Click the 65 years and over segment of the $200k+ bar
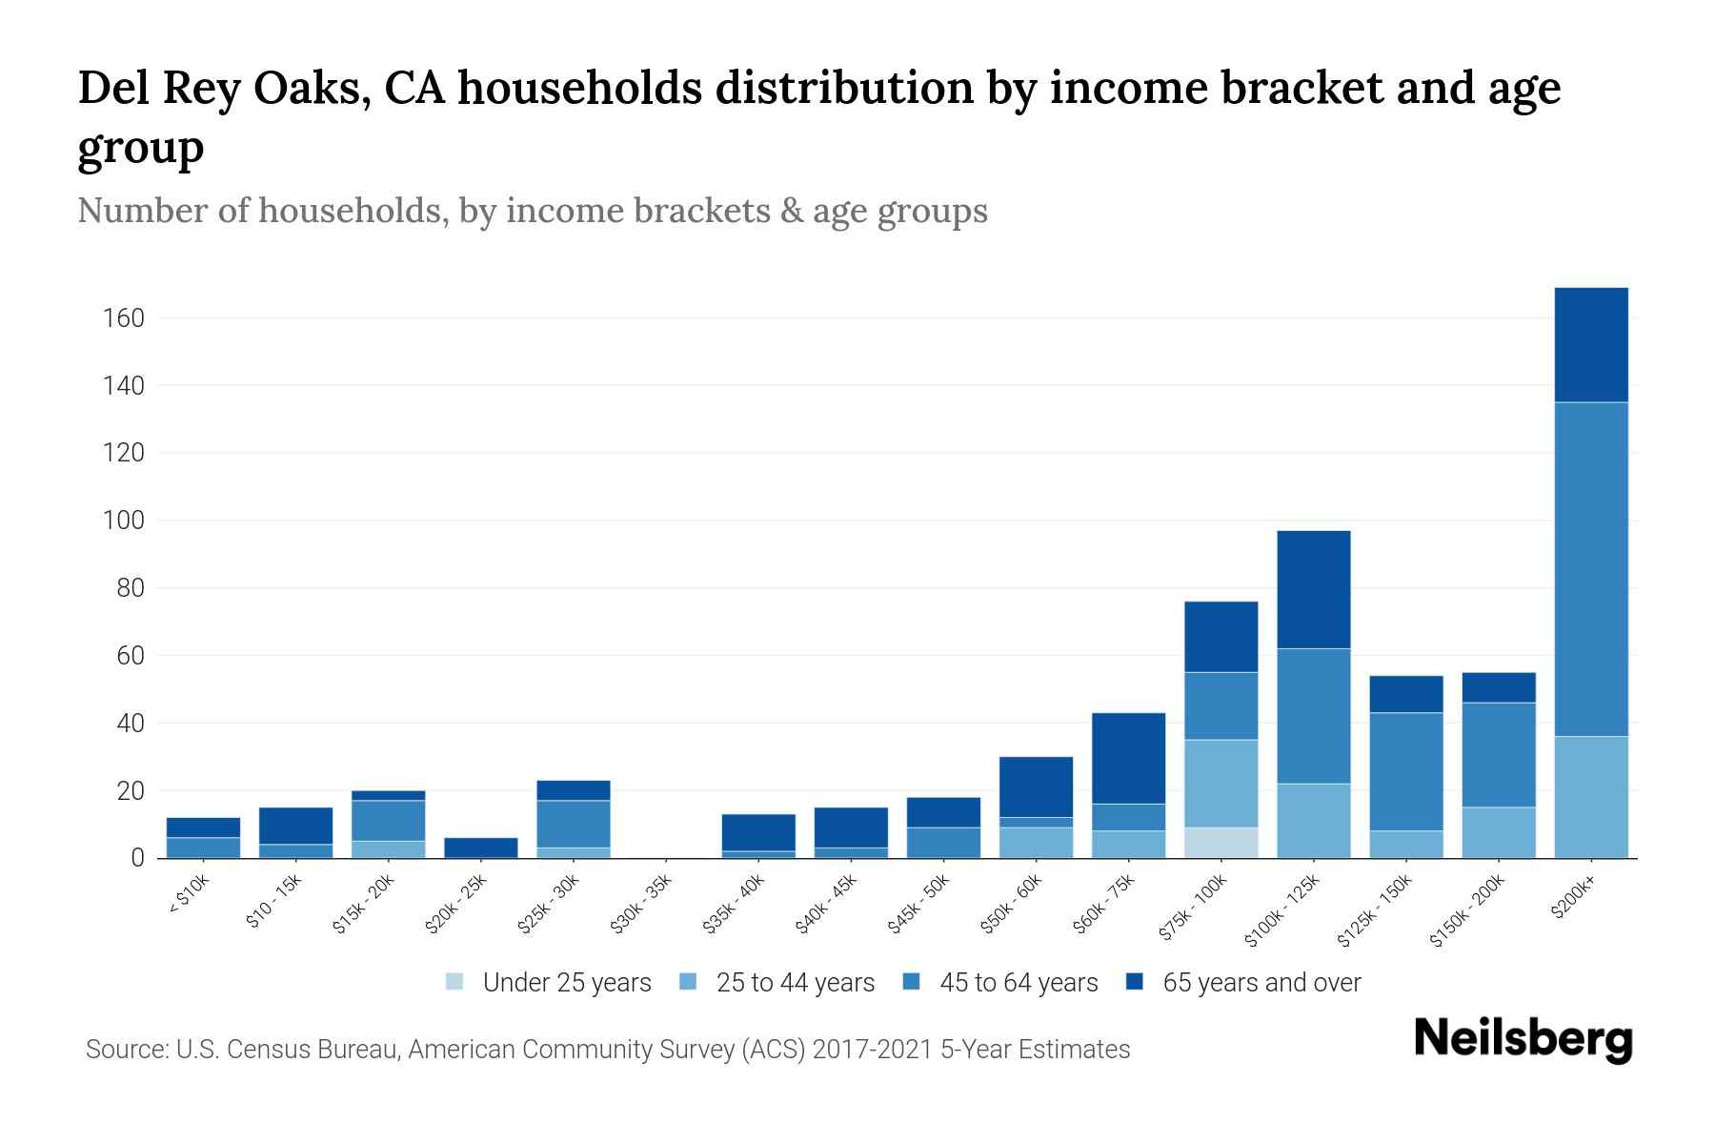tap(1590, 344)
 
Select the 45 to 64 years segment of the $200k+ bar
tap(1590, 568)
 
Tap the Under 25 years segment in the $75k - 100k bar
tap(1221, 843)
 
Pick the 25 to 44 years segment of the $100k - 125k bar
tap(1313, 821)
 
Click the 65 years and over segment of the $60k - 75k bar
tap(1128, 758)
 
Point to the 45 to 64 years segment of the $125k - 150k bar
tap(1405, 771)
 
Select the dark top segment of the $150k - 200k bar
tap(1498, 687)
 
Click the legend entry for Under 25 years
tap(566, 983)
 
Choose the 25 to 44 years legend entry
tap(795, 983)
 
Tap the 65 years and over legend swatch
tap(1135, 982)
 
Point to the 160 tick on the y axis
tap(123, 318)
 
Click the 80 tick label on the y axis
tap(130, 588)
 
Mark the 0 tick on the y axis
tap(137, 859)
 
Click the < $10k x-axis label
tap(190, 895)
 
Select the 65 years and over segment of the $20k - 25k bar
tap(481, 848)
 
